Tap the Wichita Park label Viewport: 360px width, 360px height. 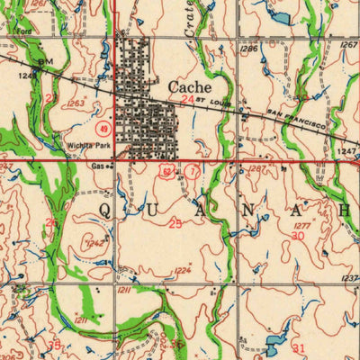point(86,144)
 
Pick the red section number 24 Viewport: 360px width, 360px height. point(187,101)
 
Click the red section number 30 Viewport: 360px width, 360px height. point(299,235)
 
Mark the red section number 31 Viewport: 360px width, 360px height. point(299,347)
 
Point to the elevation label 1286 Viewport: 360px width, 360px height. point(249,49)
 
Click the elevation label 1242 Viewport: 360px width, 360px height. point(94,243)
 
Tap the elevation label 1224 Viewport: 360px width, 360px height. point(183,270)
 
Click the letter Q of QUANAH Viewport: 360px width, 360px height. point(105,210)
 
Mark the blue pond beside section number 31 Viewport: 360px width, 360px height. point(274,342)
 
